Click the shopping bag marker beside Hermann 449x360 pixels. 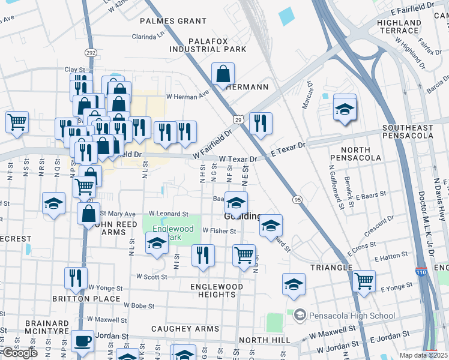pos(223,75)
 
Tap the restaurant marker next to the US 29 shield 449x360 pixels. pos(261,124)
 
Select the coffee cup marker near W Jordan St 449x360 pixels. pos(82,341)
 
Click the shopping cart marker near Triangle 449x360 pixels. pos(364,280)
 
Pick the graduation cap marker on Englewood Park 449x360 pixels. pos(157,244)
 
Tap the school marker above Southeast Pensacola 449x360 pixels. pos(345,110)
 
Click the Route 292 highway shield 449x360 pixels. pos(90,53)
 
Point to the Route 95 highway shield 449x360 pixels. pos(297,199)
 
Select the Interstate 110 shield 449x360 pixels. pos(421,272)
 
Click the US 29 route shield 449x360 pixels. pos(238,121)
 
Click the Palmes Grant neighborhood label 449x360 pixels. pos(164,21)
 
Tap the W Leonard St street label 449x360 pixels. pos(168,213)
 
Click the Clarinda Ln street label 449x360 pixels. pos(148,36)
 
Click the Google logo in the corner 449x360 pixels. pos(19,353)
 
